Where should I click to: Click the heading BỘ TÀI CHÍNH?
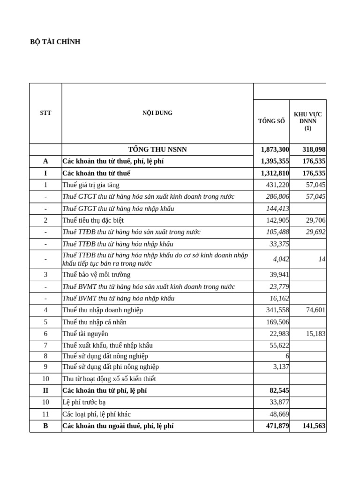pyautogui.click(x=55, y=42)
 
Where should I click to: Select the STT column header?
pyautogui.click(x=45, y=113)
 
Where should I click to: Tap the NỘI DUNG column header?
pyautogui.click(x=157, y=113)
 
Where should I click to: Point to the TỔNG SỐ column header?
pyautogui.click(x=271, y=121)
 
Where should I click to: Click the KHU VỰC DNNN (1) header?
pyautogui.click(x=307, y=121)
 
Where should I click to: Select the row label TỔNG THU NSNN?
pyautogui.click(x=157, y=150)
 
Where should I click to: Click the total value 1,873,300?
pyautogui.click(x=275, y=150)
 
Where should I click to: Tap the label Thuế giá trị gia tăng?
pyautogui.click(x=93, y=185)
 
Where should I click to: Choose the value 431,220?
pyautogui.click(x=277, y=185)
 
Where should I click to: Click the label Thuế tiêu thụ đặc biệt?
pyautogui.click(x=93, y=220)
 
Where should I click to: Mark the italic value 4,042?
pyautogui.click(x=281, y=259)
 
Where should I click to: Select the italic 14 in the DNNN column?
pyautogui.click(x=322, y=259)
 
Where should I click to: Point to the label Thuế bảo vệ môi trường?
pyautogui.click(x=96, y=275)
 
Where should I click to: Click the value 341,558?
pyautogui.click(x=277, y=310)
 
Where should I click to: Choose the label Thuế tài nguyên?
pyautogui.click(x=85, y=333)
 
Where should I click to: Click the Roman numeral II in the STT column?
pyautogui.click(x=45, y=390)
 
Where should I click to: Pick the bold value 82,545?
pyautogui.click(x=278, y=390)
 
